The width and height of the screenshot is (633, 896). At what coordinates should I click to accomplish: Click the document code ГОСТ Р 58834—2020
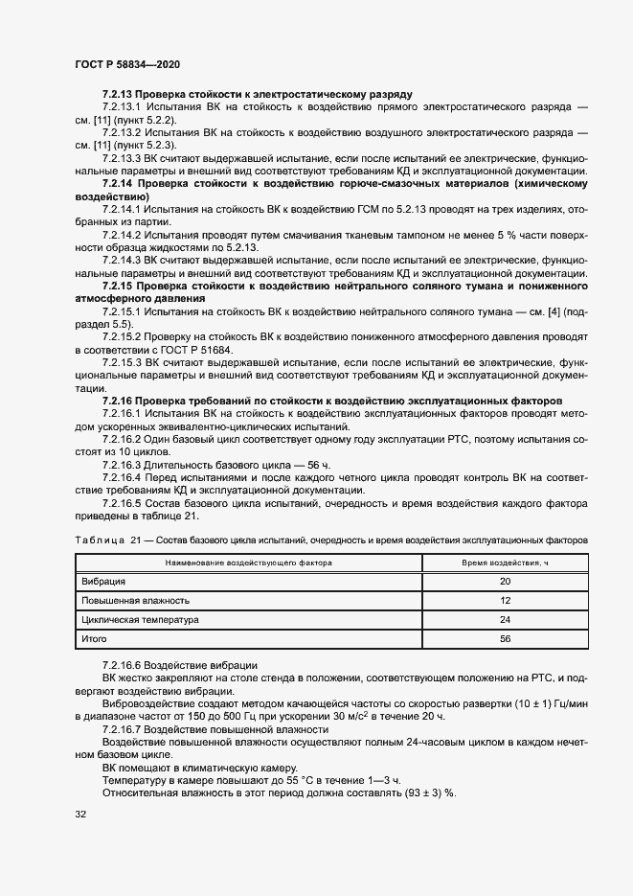pyautogui.click(x=127, y=64)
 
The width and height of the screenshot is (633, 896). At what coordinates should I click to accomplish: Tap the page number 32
pyautogui.click(x=81, y=815)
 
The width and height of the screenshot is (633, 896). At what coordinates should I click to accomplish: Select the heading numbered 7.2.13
pyautogui.click(x=257, y=95)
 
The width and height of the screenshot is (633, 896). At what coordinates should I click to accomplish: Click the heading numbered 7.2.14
pyautogui.click(x=345, y=182)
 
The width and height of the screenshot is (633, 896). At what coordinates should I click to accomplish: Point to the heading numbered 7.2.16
pyautogui.click(x=331, y=399)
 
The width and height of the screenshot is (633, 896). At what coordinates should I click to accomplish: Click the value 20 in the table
pyautogui.click(x=506, y=582)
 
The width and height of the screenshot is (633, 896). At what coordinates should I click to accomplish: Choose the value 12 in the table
pyautogui.click(x=506, y=601)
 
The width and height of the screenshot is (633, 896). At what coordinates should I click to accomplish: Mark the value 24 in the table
pyautogui.click(x=506, y=620)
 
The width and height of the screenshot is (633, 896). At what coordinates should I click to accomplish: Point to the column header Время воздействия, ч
pyautogui.click(x=506, y=563)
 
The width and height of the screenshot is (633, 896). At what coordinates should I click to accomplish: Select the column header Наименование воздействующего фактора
pyautogui.click(x=249, y=563)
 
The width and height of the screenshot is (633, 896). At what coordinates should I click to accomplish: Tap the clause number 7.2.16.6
pyautogui.click(x=124, y=665)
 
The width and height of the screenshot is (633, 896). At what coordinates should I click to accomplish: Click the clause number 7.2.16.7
pyautogui.click(x=124, y=729)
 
